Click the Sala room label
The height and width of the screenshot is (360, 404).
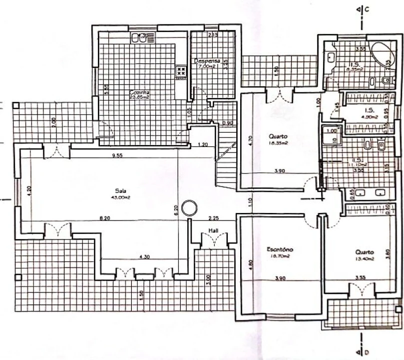tap(119, 190)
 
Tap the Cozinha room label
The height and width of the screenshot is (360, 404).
tap(140, 92)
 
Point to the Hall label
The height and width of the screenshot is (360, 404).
tap(213, 230)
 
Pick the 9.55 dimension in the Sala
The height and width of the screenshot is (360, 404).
tap(117, 155)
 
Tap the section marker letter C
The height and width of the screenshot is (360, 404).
tap(366, 9)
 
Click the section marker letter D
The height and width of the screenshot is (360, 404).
tap(366, 353)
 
